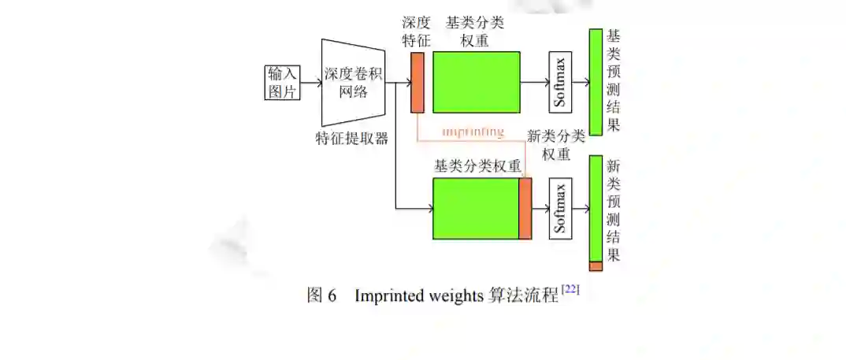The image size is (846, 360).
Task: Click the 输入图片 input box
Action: click(283, 83)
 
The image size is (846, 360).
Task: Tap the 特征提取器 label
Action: click(351, 139)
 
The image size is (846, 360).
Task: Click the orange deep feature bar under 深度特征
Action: click(417, 82)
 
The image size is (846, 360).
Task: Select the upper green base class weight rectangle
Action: click(476, 82)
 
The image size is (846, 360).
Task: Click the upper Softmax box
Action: click(560, 82)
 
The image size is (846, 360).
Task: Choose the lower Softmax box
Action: click(560, 209)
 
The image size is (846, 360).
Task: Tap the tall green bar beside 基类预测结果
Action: click(596, 82)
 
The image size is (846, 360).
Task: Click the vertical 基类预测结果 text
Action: click(614, 82)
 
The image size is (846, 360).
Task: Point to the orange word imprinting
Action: click(473, 132)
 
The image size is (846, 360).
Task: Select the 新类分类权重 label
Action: click(555, 146)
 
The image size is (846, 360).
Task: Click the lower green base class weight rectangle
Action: click(476, 209)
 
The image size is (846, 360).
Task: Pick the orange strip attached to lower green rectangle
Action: click(525, 209)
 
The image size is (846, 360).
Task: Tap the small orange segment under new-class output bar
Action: click(596, 266)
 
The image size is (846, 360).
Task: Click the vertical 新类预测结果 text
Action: click(614, 209)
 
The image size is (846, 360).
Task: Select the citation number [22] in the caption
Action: click(571, 291)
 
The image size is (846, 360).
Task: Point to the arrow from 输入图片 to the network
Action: click(311, 82)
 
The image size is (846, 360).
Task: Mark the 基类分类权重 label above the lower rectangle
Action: click(477, 166)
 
